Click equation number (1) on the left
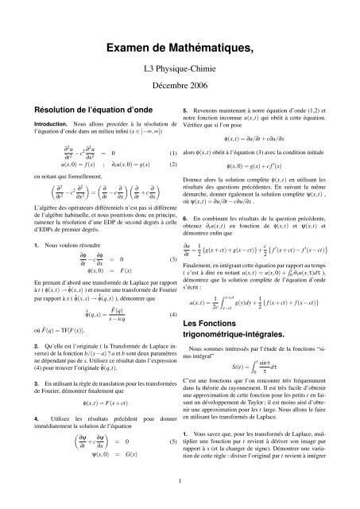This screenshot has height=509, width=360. pos(172,153)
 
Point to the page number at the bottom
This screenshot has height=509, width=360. pos(180,480)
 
